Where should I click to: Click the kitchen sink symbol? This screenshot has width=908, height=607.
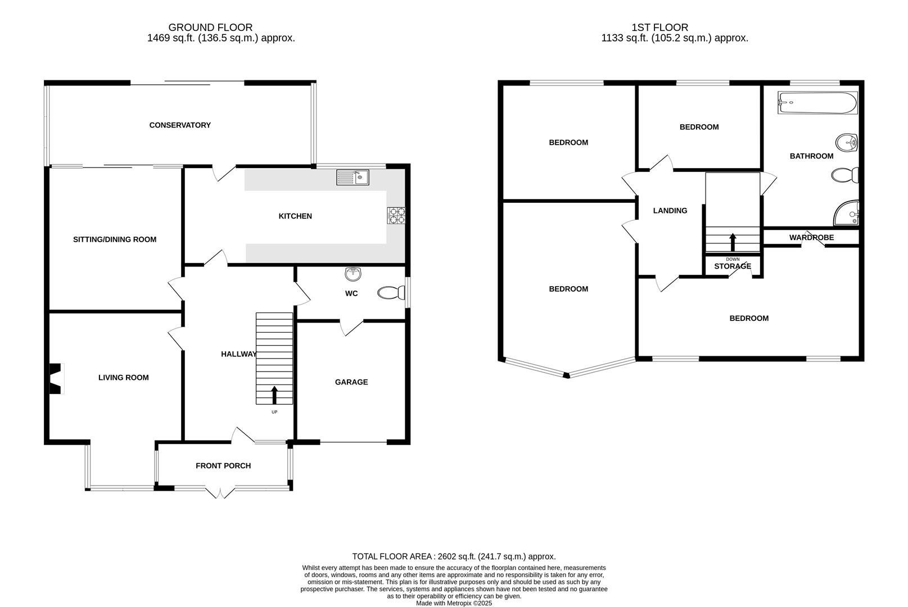click(x=353, y=178)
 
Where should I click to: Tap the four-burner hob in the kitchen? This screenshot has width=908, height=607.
click(x=396, y=216)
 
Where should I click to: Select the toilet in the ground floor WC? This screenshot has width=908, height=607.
click(x=391, y=293)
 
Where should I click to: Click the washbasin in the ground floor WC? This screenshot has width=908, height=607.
click(x=353, y=274)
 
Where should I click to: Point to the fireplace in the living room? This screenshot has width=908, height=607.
click(x=55, y=379)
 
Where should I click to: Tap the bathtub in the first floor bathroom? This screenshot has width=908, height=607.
click(x=817, y=103)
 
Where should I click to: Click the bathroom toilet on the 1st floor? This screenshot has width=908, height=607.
click(x=845, y=176)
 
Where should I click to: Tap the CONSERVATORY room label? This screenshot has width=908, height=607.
click(x=180, y=125)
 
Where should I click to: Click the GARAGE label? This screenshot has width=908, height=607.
click(x=351, y=382)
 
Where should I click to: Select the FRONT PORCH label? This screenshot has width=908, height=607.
click(x=223, y=466)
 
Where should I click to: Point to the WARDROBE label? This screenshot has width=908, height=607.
click(x=811, y=238)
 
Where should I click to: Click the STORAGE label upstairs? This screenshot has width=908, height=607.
click(x=733, y=266)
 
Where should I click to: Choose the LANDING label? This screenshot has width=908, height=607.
click(x=670, y=211)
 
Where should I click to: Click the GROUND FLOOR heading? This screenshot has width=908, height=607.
click(x=210, y=27)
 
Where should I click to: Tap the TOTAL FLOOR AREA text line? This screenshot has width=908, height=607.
click(x=454, y=556)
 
